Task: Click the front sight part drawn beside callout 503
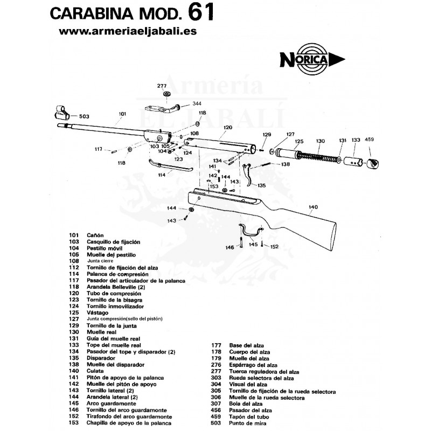62,114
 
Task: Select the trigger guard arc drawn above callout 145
251,228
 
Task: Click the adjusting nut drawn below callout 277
168,96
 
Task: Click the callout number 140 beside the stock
313,206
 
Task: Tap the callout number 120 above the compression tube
227,128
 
